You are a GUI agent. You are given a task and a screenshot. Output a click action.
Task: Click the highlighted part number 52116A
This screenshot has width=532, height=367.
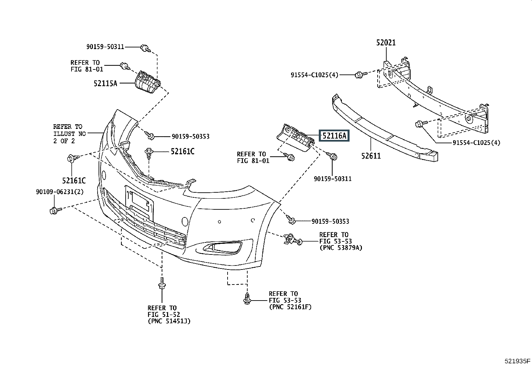click(x=334, y=136)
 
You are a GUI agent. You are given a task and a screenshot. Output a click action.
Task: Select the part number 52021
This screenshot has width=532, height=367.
click(x=386, y=43)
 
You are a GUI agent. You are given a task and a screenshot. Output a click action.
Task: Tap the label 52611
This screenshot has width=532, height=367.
click(x=371, y=156)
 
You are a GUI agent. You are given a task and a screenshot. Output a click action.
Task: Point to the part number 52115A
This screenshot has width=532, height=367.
click(x=106, y=83)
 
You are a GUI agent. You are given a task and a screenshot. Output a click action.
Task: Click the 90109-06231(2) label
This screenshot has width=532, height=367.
click(x=60, y=192)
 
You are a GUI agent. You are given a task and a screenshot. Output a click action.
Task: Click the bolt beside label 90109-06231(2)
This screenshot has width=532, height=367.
click(x=55, y=210)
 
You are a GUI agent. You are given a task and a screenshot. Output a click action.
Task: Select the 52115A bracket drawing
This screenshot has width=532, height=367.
click(x=148, y=82)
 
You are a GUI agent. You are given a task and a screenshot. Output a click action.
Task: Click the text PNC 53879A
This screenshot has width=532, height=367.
click(x=341, y=248)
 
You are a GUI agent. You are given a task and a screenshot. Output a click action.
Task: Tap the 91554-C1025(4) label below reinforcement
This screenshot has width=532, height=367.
click(x=477, y=143)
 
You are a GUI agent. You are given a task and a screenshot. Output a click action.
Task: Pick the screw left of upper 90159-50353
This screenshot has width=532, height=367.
click(x=150, y=135)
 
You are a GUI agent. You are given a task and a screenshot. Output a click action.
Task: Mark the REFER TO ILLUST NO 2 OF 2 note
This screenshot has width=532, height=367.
click(x=70, y=134)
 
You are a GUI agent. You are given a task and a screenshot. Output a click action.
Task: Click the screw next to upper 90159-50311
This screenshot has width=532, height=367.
click(x=145, y=48)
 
